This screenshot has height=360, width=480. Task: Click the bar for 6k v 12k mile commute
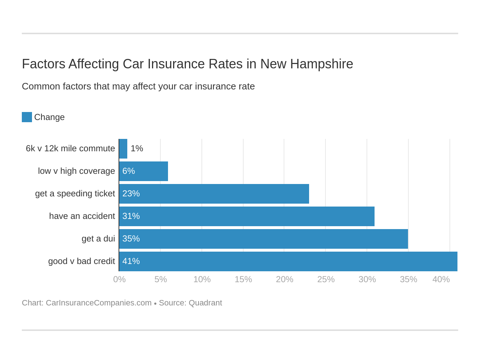pyautogui.click(x=123, y=149)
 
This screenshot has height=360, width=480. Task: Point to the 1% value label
pyautogui.click(x=137, y=149)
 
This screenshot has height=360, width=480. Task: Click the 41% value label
pyautogui.click(x=131, y=261)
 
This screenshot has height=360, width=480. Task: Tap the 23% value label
pyautogui.click(x=131, y=194)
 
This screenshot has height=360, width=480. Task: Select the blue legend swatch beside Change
pyautogui.click(x=27, y=117)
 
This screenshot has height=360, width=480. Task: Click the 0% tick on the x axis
pyautogui.click(x=119, y=279)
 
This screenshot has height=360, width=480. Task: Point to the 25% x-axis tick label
pyautogui.click(x=326, y=279)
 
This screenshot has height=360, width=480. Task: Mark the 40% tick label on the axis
pyautogui.click(x=441, y=279)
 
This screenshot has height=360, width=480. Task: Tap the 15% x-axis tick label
pyautogui.click(x=243, y=279)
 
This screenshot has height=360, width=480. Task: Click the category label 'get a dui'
pyautogui.click(x=98, y=239)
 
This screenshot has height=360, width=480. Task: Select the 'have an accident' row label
pyautogui.click(x=82, y=216)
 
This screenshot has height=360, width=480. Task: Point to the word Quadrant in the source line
pyautogui.click(x=205, y=303)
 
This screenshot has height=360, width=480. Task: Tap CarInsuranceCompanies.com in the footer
pyautogui.click(x=99, y=303)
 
